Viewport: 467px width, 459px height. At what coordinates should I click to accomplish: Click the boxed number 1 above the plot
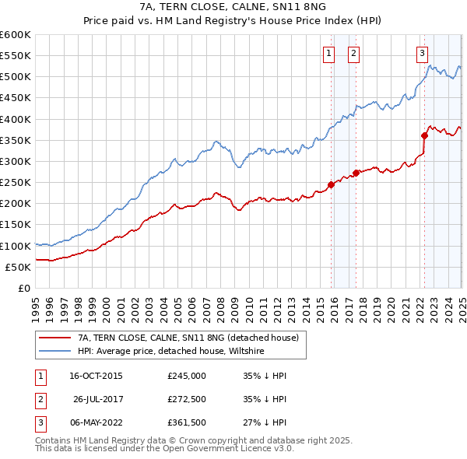[328, 54]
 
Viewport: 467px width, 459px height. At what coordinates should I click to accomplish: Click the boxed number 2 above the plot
[353, 54]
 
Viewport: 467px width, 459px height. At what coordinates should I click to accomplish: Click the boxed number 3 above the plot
[421, 54]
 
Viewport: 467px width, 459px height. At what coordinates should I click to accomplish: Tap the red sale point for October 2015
[331, 184]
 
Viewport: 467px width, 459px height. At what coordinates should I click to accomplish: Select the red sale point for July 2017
[356, 173]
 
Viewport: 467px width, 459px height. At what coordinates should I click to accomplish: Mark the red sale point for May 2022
[424, 135]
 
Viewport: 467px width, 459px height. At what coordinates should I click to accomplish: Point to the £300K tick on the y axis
[15, 161]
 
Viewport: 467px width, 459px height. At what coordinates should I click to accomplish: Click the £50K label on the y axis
[17, 267]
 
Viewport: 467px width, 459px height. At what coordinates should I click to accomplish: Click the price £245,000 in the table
[187, 376]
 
